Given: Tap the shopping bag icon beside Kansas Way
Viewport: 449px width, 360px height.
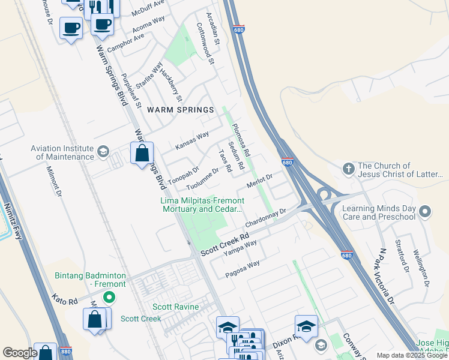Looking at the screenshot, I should pos(142,153).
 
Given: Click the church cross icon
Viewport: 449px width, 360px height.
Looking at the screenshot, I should pos(348,169).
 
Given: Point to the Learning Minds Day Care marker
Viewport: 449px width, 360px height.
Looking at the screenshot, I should pos(426,211).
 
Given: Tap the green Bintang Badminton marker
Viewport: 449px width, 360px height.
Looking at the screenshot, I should pos(109,296).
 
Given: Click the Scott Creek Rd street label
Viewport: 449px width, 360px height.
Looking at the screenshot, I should pos(224,244).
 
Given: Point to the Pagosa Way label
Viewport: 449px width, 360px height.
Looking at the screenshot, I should pos(243,268).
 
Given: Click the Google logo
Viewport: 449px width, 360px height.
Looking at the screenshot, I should pos(20,353).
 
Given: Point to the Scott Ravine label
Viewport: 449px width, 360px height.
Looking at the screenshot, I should pos(175,307).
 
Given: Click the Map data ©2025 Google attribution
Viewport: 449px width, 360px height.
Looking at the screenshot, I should pos(412,355).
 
